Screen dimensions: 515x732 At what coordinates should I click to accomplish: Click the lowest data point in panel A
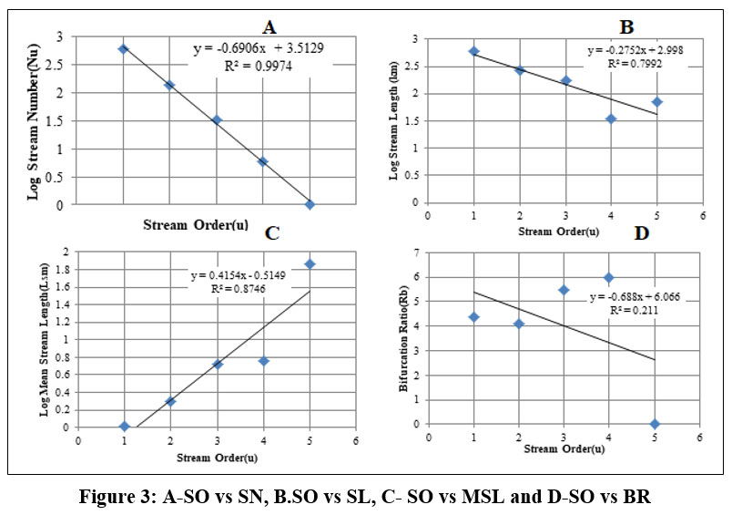coord(310,204)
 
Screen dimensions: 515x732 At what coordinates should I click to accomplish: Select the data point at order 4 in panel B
coord(611,118)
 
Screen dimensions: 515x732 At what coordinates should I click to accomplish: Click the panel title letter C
coord(270,232)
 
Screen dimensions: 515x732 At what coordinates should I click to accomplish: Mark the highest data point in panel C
coord(310,263)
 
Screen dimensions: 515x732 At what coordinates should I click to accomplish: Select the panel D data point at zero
coord(655,423)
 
